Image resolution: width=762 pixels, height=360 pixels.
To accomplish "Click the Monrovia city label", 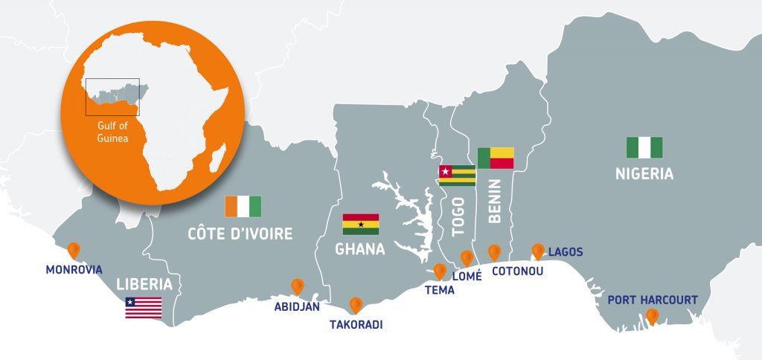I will point(73,269).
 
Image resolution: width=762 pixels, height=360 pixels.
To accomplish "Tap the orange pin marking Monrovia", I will point(74,250).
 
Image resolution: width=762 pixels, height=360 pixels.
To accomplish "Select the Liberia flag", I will point(143,307).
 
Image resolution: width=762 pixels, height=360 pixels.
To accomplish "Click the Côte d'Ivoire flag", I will point(243,206).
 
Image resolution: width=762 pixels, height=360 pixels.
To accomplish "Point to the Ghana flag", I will point(360,224).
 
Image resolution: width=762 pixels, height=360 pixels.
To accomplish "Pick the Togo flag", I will point(457,176).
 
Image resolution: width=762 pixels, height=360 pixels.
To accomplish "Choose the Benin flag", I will point(496,158).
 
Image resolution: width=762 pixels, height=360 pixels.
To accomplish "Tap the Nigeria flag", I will point(644,147).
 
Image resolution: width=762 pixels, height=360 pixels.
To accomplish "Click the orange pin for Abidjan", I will point(298,286).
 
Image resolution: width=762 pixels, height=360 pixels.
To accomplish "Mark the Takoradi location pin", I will point(356,304).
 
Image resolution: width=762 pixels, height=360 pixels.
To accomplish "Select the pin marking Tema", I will point(440,271).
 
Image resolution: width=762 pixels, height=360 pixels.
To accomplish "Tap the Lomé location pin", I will point(467,257).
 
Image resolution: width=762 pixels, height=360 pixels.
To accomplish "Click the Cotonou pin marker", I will point(494,252).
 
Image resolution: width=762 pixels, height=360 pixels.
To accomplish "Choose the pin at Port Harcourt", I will point(653,316).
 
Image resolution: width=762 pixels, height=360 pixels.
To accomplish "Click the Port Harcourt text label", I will point(653,300).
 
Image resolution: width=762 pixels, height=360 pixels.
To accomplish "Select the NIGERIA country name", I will point(644,174).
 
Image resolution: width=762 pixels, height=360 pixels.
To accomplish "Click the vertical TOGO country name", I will point(458,216).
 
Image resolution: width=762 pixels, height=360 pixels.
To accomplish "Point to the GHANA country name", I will point(360,249).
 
